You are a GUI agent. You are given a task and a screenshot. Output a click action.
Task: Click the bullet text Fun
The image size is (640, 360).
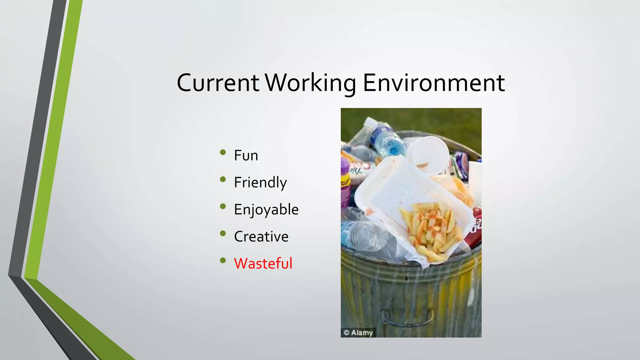(x=246, y=155)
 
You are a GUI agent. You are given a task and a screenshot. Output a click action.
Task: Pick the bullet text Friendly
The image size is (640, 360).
(x=260, y=182)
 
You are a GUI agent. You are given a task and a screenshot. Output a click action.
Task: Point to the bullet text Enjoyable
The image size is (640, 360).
(x=266, y=210)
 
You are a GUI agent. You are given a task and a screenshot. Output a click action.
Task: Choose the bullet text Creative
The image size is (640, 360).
(x=261, y=237)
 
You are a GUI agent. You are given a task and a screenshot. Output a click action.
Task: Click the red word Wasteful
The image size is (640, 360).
(x=263, y=263)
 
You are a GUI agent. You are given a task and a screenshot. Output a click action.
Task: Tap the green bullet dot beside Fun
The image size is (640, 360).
(x=223, y=152)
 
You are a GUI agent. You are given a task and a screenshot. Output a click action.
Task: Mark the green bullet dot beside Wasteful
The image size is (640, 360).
(x=223, y=261)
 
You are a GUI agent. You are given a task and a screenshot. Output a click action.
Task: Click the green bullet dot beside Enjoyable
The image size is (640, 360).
(x=223, y=207)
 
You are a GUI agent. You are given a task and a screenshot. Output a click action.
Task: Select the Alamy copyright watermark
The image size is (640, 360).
(x=358, y=332)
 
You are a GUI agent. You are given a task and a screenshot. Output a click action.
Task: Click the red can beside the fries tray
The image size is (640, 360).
(x=473, y=228)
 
